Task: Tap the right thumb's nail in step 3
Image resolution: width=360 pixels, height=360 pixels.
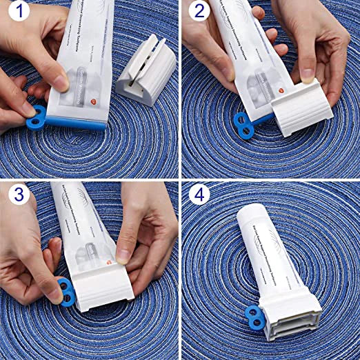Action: coord(123,256)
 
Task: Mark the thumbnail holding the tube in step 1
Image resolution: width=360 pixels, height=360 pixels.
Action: coord(61,83)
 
